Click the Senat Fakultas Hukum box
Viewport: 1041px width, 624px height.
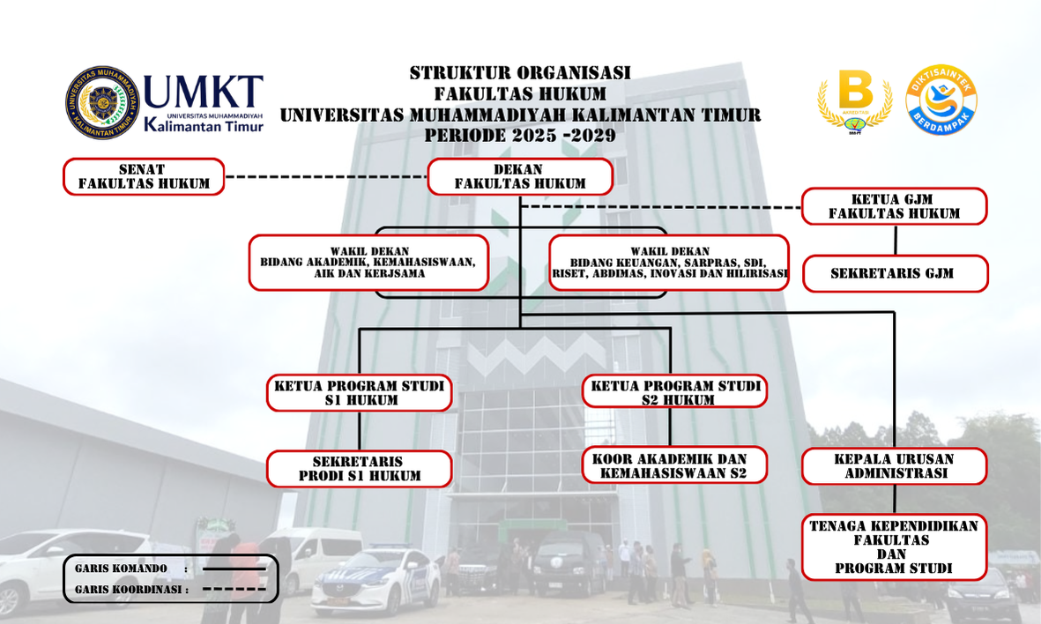[144, 176]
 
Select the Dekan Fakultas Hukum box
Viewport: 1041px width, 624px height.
[520, 176]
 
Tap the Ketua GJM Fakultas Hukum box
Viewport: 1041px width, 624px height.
[895, 206]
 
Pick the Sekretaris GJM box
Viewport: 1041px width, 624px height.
[895, 273]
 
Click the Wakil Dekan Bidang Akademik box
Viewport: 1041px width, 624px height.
[369, 263]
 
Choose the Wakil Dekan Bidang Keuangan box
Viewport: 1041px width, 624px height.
[669, 263]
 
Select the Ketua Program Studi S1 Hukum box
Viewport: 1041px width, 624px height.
[359, 392]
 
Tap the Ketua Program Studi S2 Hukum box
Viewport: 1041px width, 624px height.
[674, 391]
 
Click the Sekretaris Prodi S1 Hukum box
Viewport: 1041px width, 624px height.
[359, 469]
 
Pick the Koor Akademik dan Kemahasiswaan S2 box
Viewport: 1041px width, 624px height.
[674, 464]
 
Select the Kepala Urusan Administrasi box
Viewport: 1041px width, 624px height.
[895, 466]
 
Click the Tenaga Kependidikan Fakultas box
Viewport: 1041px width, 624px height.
[895, 547]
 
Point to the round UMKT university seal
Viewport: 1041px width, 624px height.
[103, 102]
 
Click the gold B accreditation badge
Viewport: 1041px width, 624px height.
[854, 100]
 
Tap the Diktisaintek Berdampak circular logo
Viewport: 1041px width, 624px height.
[941, 100]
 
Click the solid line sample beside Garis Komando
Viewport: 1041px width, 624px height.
[234, 568]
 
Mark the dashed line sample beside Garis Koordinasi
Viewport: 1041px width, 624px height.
[234, 590]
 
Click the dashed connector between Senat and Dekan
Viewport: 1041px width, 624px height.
[326, 176]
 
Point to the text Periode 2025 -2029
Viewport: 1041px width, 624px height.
[520, 136]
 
